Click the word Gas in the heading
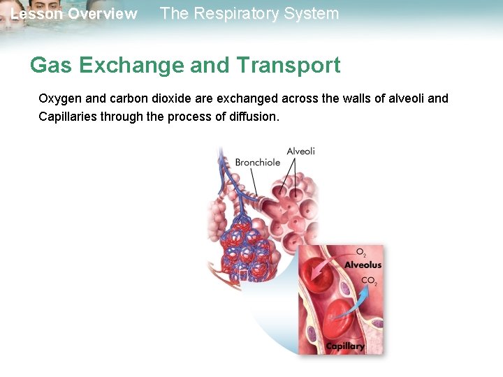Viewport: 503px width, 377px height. coord(51,66)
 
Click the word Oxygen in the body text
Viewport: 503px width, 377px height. coord(61,98)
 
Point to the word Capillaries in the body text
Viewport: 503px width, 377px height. coord(68,116)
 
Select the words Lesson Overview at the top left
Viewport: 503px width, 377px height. coord(73,14)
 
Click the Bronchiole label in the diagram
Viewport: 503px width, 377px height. coord(257,162)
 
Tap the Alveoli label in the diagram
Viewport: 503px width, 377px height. coord(300,151)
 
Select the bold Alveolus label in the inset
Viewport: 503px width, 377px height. coord(363,265)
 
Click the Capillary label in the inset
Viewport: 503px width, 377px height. coord(345,346)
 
